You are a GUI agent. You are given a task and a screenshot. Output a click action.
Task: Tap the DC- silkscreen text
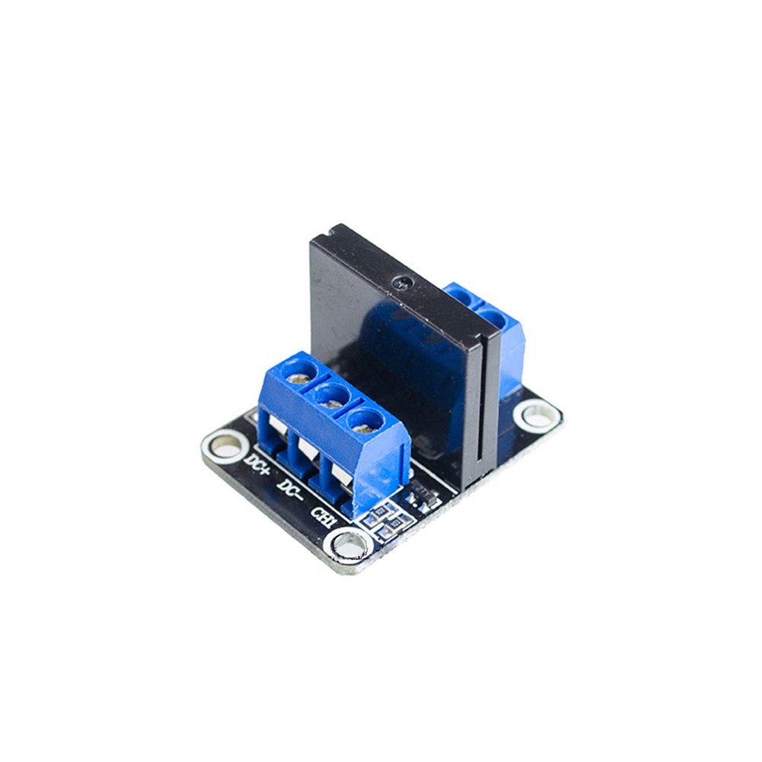coord(291,489)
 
